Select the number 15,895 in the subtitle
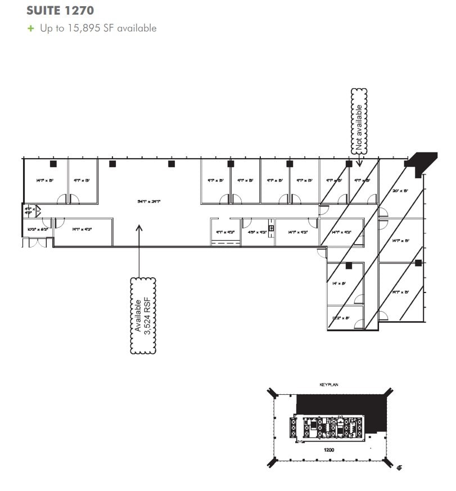[x=81, y=28]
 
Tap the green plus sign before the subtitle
[x=31, y=28]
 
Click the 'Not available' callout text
[x=359, y=120]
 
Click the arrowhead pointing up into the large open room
[x=139, y=228]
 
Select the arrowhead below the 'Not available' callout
[x=359, y=161]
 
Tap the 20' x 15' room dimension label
[x=401, y=191]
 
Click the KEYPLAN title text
[x=328, y=385]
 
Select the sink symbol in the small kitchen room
[x=271, y=228]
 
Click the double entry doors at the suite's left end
[x=37, y=242]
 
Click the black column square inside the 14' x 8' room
[x=349, y=265]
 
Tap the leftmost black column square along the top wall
[x=53, y=164]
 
